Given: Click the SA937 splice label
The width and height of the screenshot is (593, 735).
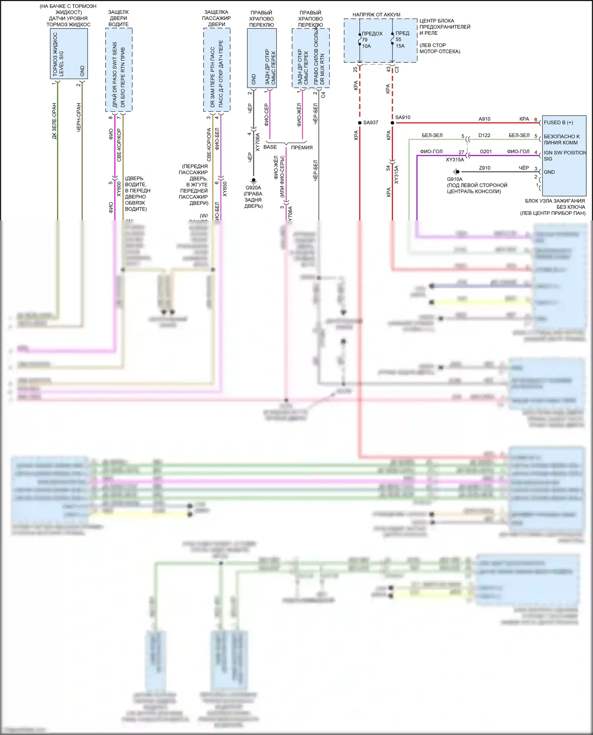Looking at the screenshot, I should coord(370,122).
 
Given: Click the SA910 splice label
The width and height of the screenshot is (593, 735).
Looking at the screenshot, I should coord(402,117).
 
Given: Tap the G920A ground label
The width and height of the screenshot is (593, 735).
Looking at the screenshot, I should coord(253,188).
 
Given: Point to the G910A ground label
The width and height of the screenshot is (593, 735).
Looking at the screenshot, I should coord(455,179).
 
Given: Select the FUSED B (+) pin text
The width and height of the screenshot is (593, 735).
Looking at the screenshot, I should coord(558,122).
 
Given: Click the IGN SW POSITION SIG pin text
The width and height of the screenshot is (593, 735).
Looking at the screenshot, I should coord(565,156).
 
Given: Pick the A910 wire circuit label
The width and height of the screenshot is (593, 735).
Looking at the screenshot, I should coord(484,119).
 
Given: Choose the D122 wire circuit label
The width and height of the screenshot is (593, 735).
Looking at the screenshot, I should coord(484,135).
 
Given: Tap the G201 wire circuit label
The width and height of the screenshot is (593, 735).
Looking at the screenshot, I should coord(485,152).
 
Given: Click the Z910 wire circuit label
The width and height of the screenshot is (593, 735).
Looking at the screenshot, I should coord(485,168).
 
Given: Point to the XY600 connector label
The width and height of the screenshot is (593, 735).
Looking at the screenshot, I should coord(119,189).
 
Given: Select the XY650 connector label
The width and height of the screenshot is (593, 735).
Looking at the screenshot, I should coord(225,189).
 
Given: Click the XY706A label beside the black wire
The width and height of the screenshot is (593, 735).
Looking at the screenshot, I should coord(257,142).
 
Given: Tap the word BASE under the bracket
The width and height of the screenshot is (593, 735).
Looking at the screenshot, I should coord(270,147).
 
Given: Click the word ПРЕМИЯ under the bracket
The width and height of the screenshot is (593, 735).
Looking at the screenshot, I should coord(302,147).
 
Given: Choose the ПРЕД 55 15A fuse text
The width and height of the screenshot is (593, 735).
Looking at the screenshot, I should coord(402,39).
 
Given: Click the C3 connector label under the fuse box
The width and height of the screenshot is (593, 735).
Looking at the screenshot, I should coord(397,70).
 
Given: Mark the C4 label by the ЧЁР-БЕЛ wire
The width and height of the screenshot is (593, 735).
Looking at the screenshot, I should coord(323,95).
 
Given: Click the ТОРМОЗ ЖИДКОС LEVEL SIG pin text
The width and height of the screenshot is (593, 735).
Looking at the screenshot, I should coord(58,54).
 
